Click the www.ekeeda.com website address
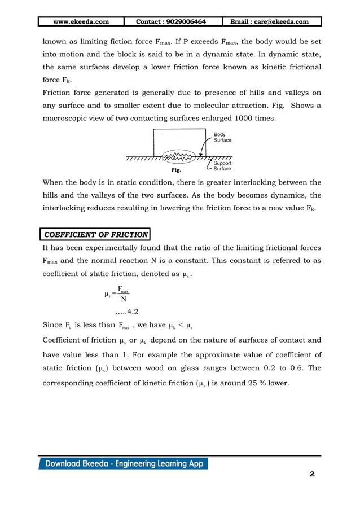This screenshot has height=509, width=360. (x=81, y=22)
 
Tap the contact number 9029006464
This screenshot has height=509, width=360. (x=171, y=22)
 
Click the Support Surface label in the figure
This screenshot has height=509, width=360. (x=222, y=166)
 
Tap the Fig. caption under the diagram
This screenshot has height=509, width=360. (x=177, y=169)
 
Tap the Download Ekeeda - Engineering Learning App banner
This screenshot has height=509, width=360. (x=123, y=464)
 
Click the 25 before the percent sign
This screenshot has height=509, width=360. (x=242, y=383)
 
